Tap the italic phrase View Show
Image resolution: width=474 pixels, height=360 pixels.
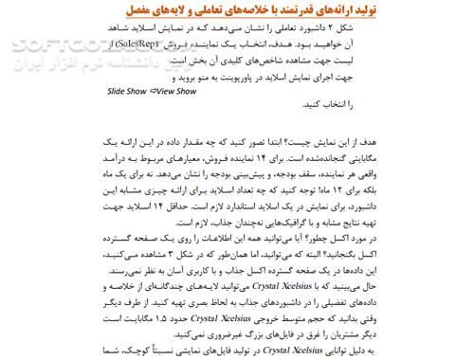pos(176,93)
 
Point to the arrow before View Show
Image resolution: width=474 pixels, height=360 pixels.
pos(153,93)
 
